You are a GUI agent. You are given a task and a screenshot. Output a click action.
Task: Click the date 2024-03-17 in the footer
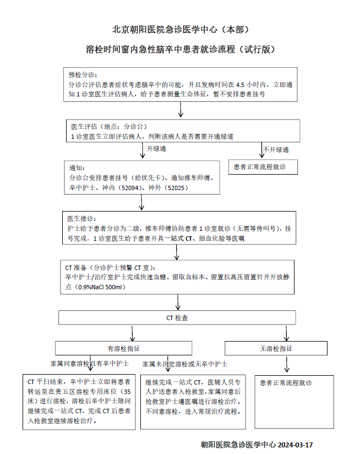click(295, 445)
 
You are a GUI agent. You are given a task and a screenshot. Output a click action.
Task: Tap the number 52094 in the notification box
click(130, 188)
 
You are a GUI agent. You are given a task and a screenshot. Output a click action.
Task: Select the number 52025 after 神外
click(176, 188)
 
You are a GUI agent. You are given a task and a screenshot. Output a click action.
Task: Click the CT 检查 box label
click(177, 318)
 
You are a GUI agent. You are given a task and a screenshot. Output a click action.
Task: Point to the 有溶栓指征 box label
click(124, 349)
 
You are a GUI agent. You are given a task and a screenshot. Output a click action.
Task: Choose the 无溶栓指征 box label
click(276, 349)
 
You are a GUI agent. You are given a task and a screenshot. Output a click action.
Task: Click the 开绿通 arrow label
click(156, 149)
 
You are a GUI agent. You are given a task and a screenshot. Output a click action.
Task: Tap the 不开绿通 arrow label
click(276, 150)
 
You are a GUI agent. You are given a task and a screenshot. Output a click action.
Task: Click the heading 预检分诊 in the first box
click(83, 75)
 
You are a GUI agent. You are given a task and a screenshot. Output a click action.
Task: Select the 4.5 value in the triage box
click(241, 85)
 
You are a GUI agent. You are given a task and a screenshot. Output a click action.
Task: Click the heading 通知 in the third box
click(77, 168)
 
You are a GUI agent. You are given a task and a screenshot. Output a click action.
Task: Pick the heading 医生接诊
click(82, 219)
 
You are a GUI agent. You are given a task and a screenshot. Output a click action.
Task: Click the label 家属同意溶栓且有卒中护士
click(90, 364)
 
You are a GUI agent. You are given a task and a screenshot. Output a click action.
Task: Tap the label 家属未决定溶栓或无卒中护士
click(185, 364)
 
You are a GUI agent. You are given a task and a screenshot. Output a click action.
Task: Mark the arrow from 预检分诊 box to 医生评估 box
click(181, 110)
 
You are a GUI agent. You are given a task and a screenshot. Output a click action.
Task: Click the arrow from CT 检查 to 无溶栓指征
click(286, 333)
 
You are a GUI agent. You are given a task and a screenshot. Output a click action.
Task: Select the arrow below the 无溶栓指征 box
click(287, 364)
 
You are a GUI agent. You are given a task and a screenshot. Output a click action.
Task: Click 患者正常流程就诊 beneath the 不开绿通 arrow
click(260, 167)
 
